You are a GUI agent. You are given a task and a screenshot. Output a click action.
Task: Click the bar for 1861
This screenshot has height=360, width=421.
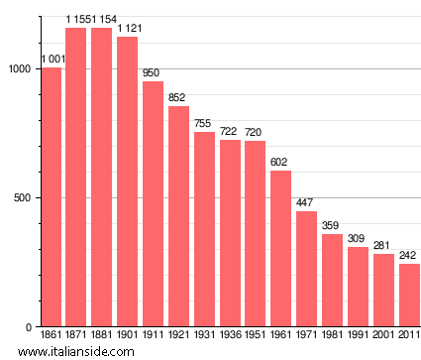click(x=51, y=197)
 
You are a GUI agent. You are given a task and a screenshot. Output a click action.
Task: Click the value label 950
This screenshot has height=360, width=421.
click(x=153, y=73)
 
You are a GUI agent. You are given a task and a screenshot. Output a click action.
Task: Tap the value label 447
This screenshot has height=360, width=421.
click(x=306, y=203)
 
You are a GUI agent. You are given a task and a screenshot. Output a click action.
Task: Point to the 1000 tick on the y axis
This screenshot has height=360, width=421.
click(x=19, y=68)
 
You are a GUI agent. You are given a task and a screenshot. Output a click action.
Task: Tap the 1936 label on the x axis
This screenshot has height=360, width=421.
click(x=230, y=336)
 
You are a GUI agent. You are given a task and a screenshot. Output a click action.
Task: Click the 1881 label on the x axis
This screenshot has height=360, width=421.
click(x=102, y=336)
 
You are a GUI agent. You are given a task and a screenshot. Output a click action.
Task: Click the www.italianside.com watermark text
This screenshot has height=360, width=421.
click(x=51, y=352)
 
